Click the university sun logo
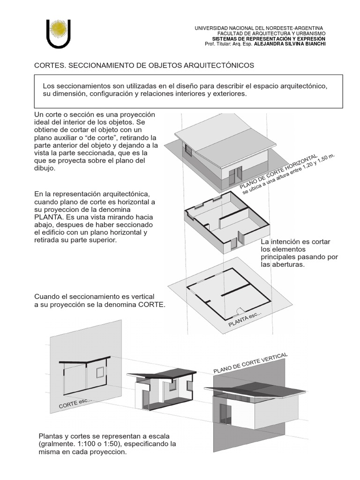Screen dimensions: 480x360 pyautogui.click(x=59, y=31)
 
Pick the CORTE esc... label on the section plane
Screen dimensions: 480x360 pyautogui.click(x=75, y=403)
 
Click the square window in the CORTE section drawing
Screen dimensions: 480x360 pyautogui.click(x=100, y=372)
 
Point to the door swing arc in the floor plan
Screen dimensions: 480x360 pyautogui.click(x=240, y=310)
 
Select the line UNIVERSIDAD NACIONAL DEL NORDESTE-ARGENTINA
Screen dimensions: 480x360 pyautogui.click(x=259, y=29)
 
